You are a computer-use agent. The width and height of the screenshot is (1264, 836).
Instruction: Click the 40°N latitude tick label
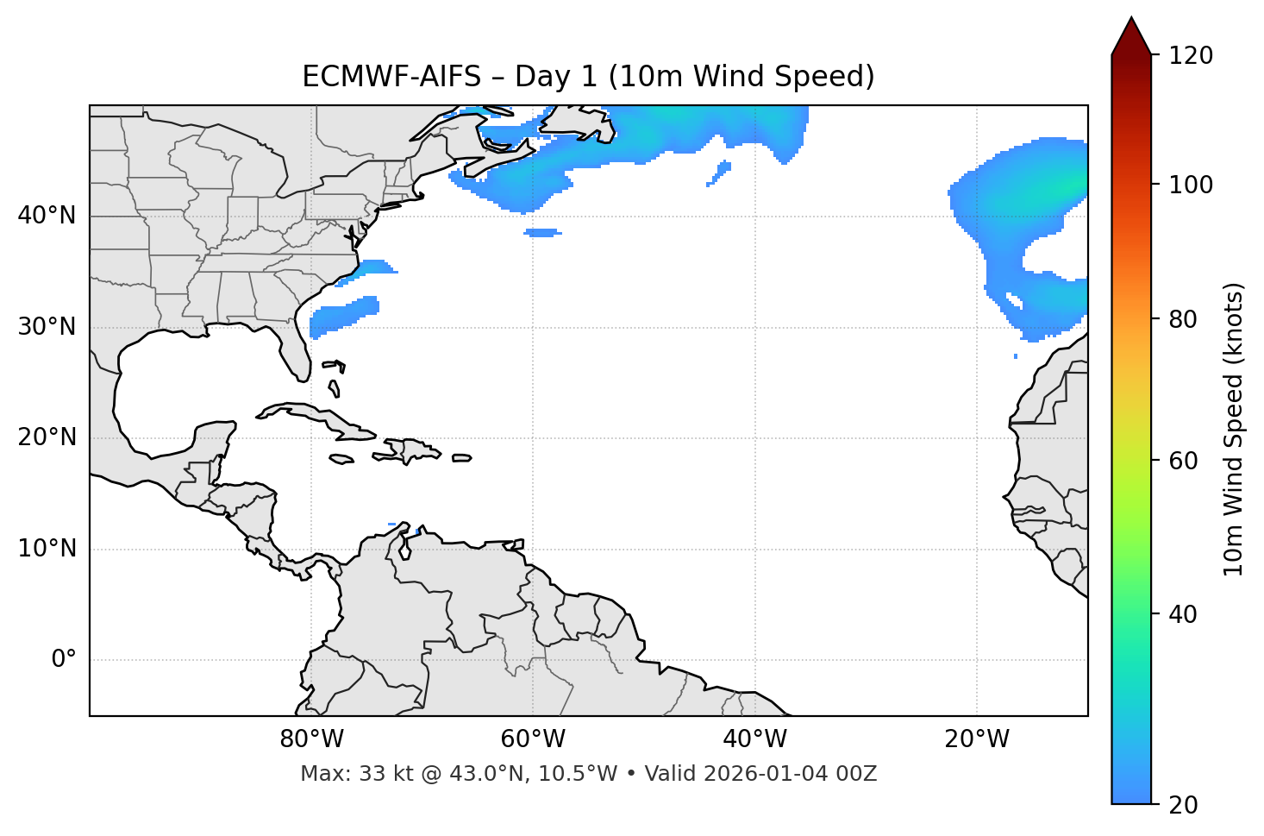pos(47,216)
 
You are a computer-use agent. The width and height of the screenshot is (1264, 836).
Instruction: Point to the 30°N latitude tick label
pos(47,327)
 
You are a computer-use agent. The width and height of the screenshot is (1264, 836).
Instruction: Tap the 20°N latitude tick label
pos(47,437)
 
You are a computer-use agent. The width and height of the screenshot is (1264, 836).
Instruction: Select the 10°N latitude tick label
pos(47,549)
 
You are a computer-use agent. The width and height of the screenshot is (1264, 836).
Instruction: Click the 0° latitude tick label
pos(64,660)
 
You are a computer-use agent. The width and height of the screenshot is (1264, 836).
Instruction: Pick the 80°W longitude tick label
pos(311,739)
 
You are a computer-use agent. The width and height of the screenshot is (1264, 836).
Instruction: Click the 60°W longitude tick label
pos(533,739)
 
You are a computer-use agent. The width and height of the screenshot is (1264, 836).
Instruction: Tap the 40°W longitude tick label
pos(755,739)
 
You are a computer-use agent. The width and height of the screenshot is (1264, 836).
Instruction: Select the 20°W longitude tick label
pos(977,739)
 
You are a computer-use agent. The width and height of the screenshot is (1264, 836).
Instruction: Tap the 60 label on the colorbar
pos(1184,461)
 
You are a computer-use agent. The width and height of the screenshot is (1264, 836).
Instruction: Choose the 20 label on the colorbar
pos(1184,805)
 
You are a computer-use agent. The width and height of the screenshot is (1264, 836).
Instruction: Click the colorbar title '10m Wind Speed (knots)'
pos(1234,429)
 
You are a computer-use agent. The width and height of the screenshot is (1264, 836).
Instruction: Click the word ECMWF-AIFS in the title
pos(391,77)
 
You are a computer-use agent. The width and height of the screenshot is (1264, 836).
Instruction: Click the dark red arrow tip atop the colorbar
pos(1131,35)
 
